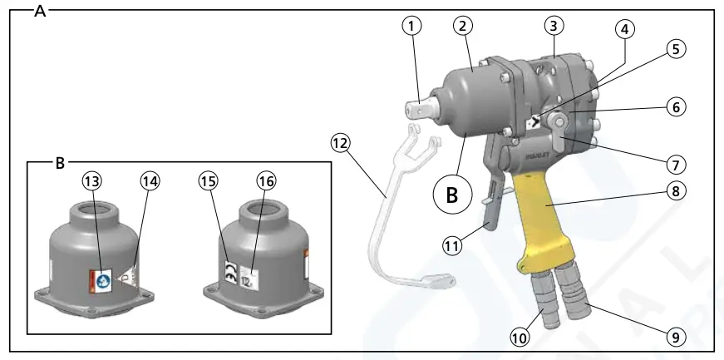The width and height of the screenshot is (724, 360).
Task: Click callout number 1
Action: click(x=411, y=26)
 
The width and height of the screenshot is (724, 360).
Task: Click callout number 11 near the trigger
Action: click(x=451, y=246)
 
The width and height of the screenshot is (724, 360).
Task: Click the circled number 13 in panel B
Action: click(x=91, y=181)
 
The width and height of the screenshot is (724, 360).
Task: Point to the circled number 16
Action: click(x=266, y=181)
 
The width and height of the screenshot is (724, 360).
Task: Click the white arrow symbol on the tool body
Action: click(x=534, y=121)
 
